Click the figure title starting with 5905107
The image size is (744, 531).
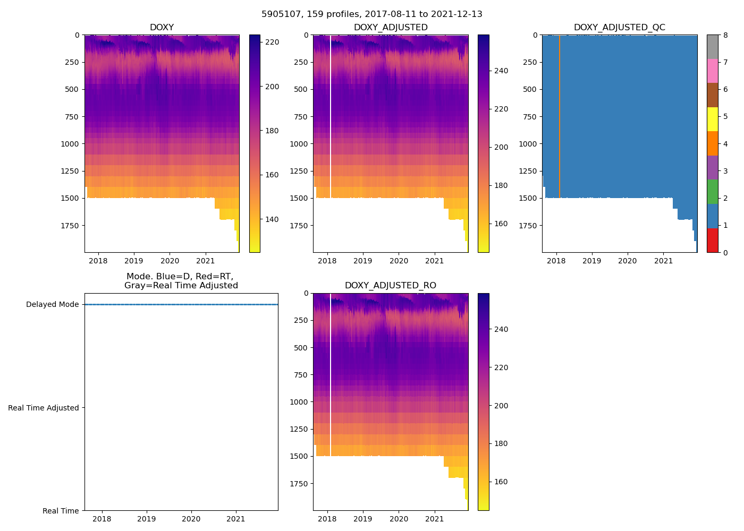(x=371, y=14)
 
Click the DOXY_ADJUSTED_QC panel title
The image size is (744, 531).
(x=619, y=28)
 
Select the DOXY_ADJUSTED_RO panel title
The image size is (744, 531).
(x=390, y=286)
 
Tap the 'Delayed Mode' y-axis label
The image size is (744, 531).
(x=52, y=305)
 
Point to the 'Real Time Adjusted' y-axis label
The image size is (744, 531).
(x=44, y=408)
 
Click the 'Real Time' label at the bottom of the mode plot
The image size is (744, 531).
(x=61, y=511)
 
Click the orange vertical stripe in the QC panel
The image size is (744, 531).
(x=560, y=117)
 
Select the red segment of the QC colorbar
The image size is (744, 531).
(x=712, y=240)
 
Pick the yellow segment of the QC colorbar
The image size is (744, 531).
(x=712, y=119)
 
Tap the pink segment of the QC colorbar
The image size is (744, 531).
(x=712, y=71)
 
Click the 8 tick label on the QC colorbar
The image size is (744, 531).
(x=725, y=35)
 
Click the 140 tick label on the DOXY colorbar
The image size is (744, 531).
(x=272, y=219)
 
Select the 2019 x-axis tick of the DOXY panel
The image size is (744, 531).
(x=134, y=261)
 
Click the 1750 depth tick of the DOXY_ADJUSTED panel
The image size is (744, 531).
(x=299, y=226)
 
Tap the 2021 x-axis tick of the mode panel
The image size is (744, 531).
(x=236, y=519)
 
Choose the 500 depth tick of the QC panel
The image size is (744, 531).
(x=531, y=89)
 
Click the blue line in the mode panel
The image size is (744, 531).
(x=181, y=305)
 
